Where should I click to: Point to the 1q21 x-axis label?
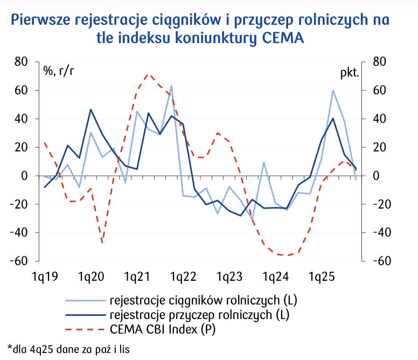click(x=137, y=277)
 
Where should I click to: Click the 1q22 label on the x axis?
click(x=183, y=277)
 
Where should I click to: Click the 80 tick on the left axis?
click(x=20, y=62)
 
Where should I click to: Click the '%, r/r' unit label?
click(x=59, y=71)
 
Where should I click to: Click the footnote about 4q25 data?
click(x=68, y=349)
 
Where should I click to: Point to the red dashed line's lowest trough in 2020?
click(x=102, y=242)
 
